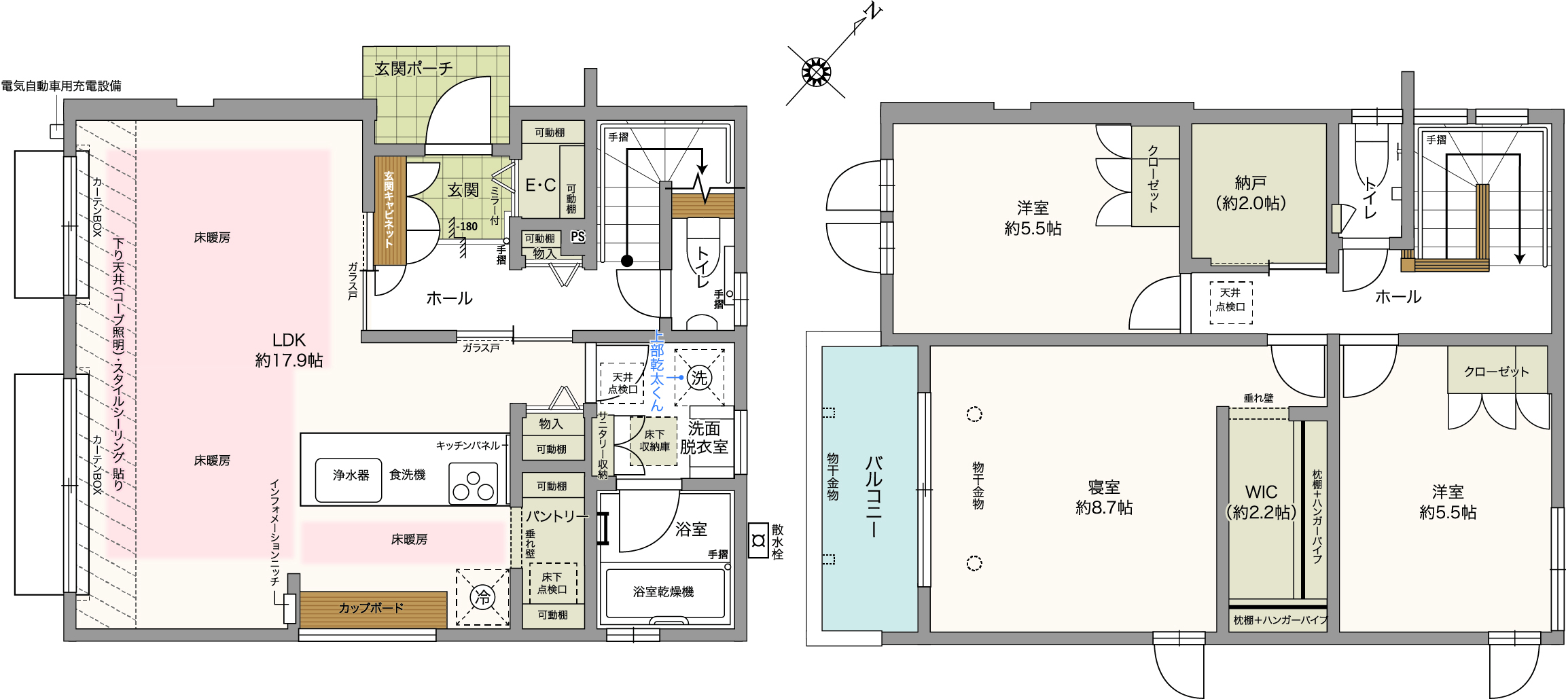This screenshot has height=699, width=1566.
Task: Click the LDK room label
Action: pos(289,340)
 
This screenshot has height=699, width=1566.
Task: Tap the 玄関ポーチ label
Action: pos(413,69)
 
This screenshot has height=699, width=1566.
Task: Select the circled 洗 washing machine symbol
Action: pos(699,378)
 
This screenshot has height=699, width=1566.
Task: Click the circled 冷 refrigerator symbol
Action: pos(482,598)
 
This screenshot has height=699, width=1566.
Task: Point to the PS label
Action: pos(577,236)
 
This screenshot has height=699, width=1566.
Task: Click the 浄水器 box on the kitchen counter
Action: pos(349,480)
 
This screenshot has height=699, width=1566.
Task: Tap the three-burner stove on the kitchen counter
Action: pos(474,484)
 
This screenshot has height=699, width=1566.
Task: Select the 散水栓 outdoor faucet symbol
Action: pos(758,541)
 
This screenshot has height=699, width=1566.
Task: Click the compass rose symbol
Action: pos(816,72)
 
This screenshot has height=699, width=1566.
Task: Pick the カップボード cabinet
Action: pos(373,609)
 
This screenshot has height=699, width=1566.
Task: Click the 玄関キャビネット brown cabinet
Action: pos(390,211)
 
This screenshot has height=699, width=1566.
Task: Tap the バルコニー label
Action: pos(874,497)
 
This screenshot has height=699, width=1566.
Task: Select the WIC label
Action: pos(1261,492)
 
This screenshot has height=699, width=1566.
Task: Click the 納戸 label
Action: pos(1250,183)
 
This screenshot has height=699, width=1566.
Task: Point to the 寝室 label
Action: pos(1104,487)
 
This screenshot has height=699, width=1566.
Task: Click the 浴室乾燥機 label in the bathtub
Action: pos(663,592)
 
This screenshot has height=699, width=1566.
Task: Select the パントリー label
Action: pos(556,516)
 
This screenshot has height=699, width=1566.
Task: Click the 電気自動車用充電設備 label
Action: pos(61,86)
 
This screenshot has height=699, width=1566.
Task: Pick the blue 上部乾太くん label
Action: pos(656,371)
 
